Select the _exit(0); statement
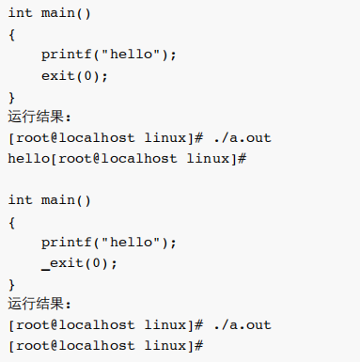click(79, 262)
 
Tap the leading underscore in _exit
click(45, 266)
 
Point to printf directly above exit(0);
click(64, 55)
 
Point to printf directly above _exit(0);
click(64, 242)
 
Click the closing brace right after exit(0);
click(11, 96)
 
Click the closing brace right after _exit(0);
click(11, 283)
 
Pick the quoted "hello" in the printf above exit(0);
click(126, 55)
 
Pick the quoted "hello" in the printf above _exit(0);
click(126, 242)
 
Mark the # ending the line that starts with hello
click(242, 158)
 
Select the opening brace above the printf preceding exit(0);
click(11, 34)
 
